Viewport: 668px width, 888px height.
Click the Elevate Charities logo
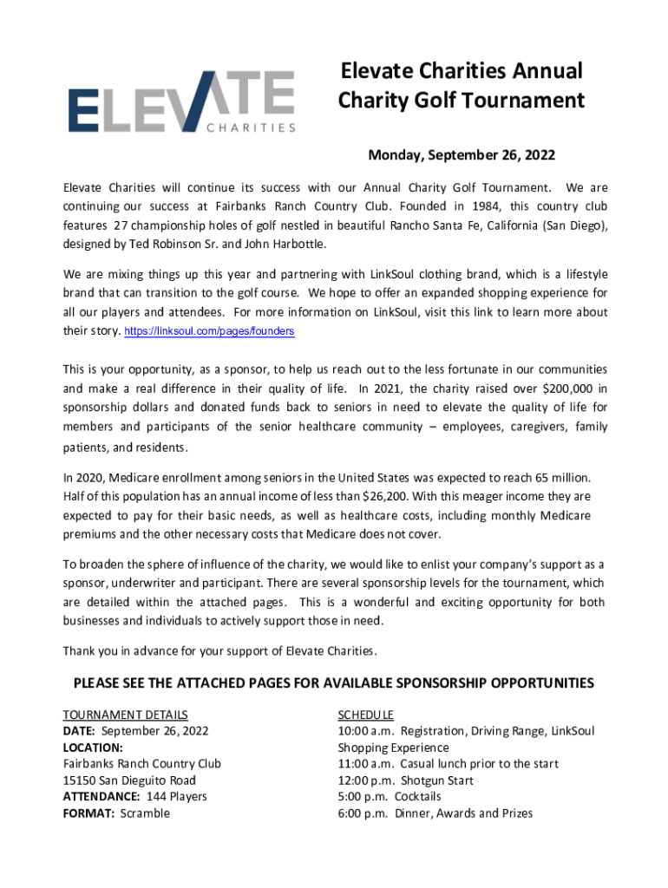coord(182,102)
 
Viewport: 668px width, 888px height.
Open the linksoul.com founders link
coord(210,332)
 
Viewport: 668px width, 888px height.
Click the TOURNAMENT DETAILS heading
coord(125,715)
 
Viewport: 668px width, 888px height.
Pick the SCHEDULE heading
coord(365,715)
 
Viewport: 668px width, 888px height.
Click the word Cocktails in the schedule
coord(418,797)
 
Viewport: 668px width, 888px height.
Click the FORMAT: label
coord(88,813)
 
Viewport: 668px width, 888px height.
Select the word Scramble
coord(145,813)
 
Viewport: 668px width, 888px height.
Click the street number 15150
coord(81,780)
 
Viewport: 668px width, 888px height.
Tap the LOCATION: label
coord(93,748)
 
